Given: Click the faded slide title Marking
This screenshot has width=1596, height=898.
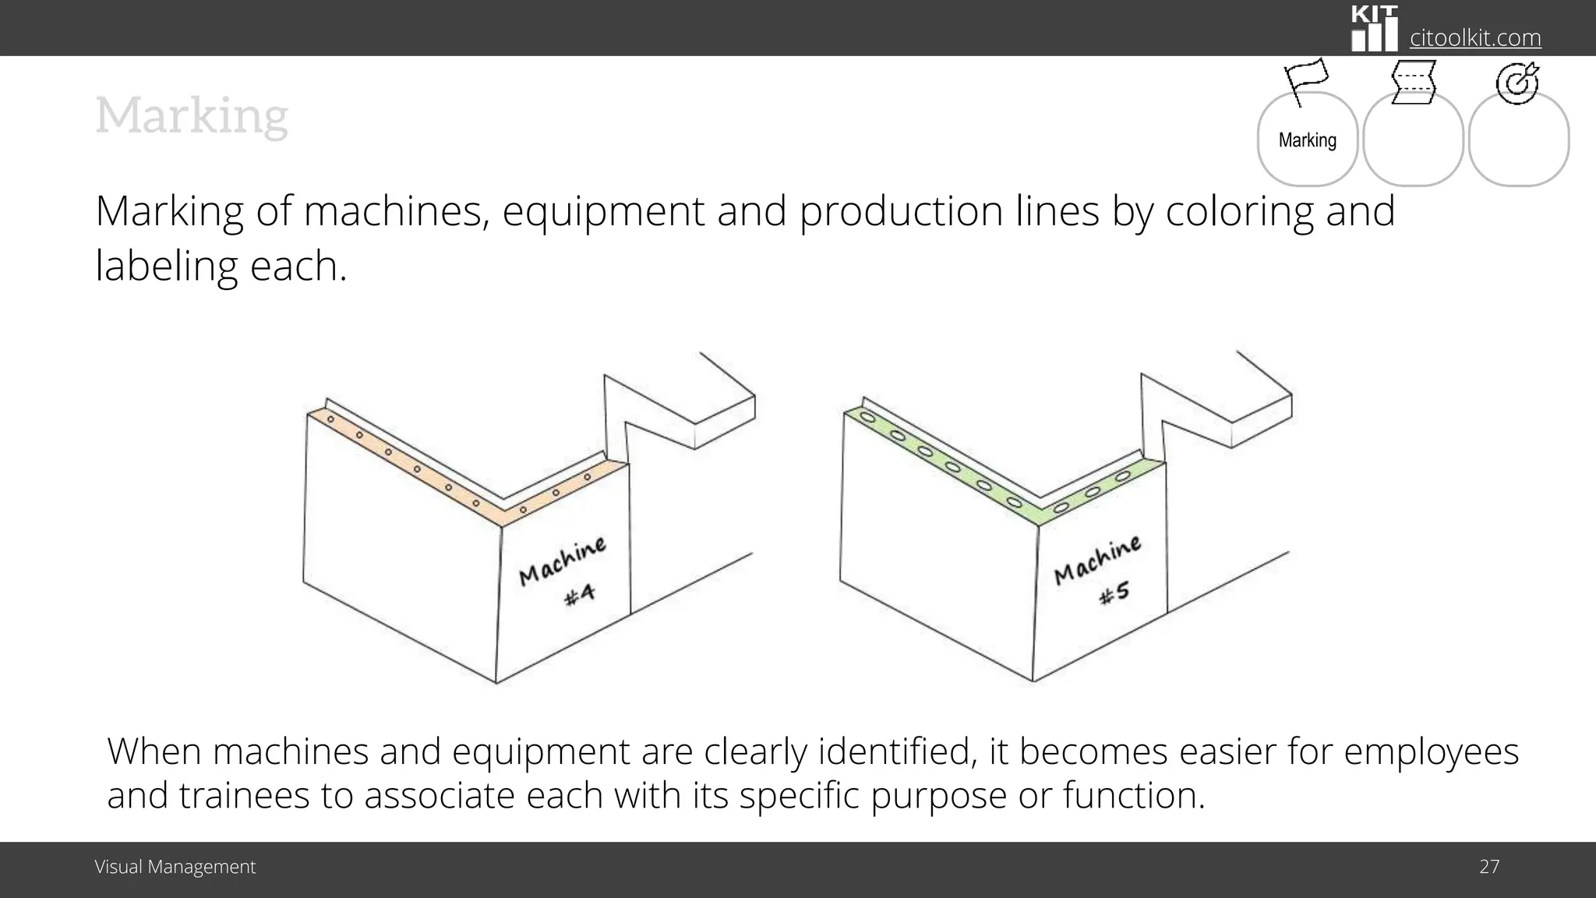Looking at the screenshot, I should tap(192, 116).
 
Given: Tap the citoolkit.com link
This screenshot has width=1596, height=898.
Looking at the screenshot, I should tap(1475, 37).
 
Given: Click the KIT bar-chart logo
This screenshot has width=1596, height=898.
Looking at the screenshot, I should tap(1374, 30).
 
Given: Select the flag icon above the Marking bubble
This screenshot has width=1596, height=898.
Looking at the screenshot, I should tap(1305, 81).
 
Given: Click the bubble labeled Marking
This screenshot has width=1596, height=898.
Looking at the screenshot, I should tap(1307, 140).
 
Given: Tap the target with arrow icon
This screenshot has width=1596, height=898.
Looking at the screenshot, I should tap(1517, 83).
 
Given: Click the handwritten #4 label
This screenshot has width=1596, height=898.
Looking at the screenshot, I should tap(580, 595).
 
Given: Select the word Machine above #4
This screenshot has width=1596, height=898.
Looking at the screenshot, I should tap(563, 560).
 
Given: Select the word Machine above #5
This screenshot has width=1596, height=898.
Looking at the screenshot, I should tap(1097, 560).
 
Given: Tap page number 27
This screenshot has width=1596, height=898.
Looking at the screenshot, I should tap(1489, 867).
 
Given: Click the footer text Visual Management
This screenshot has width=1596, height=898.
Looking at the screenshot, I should tap(175, 867).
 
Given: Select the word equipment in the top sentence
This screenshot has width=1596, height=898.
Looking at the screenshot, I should tap(603, 212).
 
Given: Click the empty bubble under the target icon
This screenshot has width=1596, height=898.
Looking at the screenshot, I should tap(1518, 140).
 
